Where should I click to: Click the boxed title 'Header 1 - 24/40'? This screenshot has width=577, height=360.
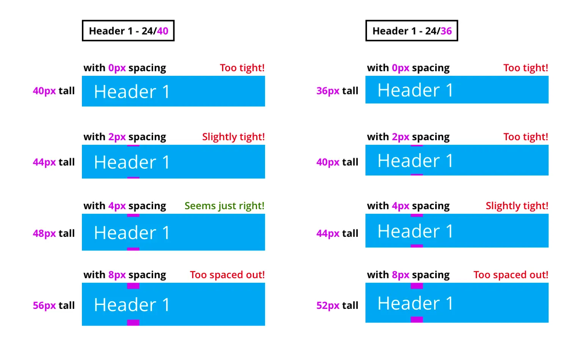click(128, 31)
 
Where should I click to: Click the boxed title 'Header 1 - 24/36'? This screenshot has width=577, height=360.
click(412, 31)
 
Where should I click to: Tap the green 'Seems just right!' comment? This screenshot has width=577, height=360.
click(224, 206)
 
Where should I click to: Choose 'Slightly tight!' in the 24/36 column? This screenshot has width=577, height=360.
click(517, 206)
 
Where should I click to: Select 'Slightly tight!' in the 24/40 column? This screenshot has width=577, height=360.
click(233, 137)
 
